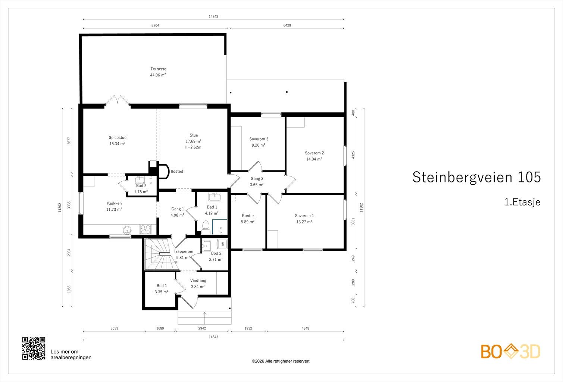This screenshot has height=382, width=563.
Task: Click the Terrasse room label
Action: (x=158, y=69)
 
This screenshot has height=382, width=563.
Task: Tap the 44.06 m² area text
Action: (x=158, y=75)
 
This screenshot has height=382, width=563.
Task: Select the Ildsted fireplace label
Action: (x=177, y=171)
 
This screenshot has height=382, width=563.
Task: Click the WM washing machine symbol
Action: (x=222, y=244)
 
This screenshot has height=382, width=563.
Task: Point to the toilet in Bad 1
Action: (x=206, y=227)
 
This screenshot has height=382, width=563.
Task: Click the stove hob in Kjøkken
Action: (x=146, y=229)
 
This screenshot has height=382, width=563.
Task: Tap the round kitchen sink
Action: (x=127, y=230)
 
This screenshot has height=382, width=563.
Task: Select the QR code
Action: (x=34, y=348)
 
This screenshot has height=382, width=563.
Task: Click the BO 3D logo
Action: (x=510, y=351)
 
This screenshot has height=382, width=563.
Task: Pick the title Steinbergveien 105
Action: (x=476, y=177)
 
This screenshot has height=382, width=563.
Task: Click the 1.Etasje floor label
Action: (x=522, y=202)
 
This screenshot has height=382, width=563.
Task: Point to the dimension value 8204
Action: (x=155, y=25)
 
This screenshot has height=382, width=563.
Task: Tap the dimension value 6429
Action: (x=287, y=25)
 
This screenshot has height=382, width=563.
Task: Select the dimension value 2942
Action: (x=202, y=328)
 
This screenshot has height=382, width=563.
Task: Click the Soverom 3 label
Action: (x=259, y=139)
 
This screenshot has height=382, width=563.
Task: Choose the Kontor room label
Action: (x=248, y=216)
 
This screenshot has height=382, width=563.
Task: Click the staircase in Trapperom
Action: (x=160, y=254)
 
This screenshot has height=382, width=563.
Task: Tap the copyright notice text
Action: (x=281, y=361)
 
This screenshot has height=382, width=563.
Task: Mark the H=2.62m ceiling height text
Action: (x=193, y=147)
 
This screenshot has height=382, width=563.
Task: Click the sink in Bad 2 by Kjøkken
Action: (x=140, y=180)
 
